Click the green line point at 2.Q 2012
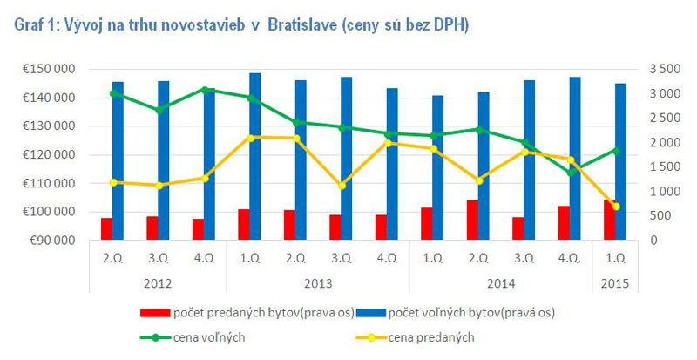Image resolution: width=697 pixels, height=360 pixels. coord(113,92)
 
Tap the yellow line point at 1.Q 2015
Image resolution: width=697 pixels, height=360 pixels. coord(616,207)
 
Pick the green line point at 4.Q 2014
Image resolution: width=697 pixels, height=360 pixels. coord(571,172)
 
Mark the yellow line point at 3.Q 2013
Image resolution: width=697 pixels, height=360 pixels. coord(342,186)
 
